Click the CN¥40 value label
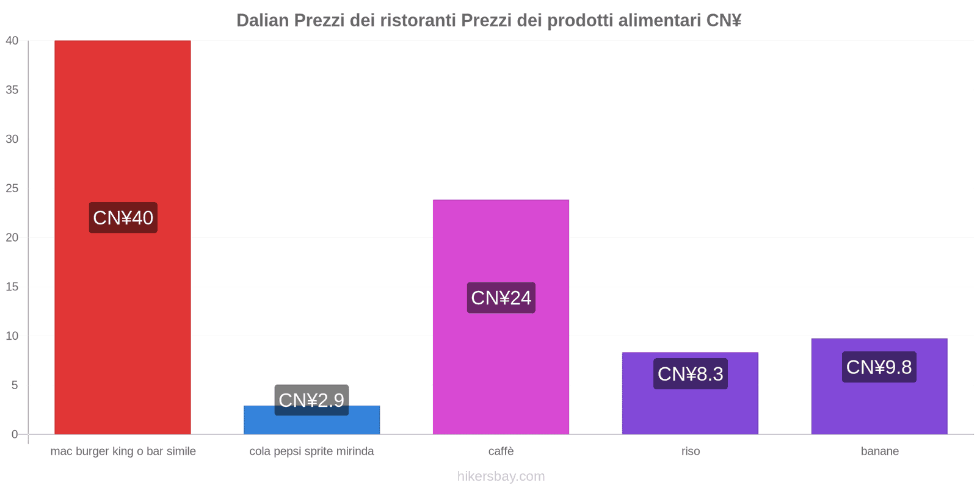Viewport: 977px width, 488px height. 123,218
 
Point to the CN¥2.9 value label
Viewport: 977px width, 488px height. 311,400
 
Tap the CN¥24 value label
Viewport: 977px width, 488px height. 501,298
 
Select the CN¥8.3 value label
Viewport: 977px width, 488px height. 690,374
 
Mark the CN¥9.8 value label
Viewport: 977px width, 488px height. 879,367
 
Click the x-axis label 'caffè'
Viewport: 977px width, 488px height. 501,451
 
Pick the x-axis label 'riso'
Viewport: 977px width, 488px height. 691,451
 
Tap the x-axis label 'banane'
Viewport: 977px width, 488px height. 879,451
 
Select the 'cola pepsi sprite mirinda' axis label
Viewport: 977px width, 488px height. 311,451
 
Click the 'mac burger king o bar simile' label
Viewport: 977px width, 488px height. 123,451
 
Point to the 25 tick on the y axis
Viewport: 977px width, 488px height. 12,188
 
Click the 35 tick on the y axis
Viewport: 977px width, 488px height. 12,90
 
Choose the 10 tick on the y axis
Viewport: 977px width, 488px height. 12,336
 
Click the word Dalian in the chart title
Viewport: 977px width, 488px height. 262,21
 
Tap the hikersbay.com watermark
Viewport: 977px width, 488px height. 501,476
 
